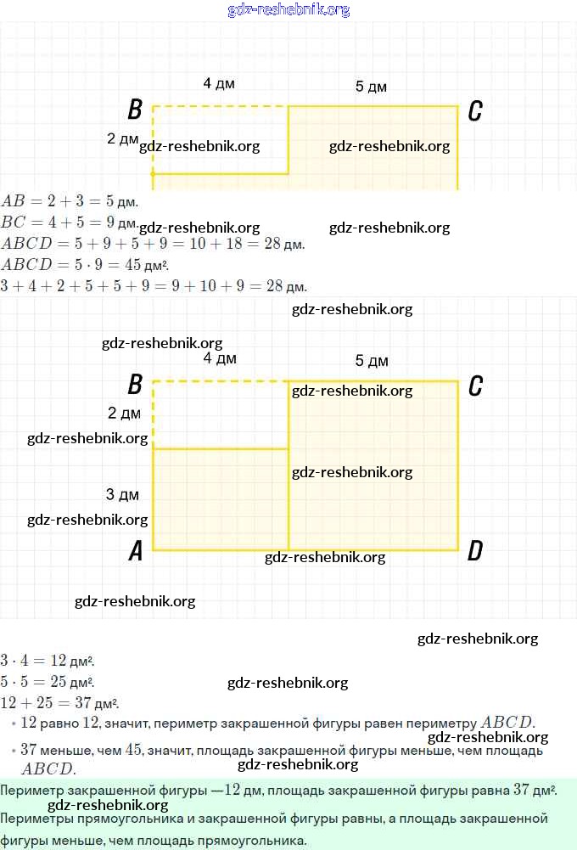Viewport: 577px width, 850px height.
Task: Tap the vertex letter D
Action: [x=475, y=552]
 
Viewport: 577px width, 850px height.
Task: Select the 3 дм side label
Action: [x=122, y=494]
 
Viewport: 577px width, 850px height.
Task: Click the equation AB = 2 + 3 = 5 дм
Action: [x=70, y=202]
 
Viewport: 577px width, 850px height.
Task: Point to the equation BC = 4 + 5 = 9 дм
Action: [x=70, y=223]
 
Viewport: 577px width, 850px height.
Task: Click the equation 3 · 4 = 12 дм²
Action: [x=48, y=661]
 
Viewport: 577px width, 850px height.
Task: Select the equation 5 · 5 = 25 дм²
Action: [x=48, y=682]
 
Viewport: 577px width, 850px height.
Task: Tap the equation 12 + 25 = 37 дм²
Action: [x=59, y=703]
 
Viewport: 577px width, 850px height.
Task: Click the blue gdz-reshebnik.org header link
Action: [x=288, y=10]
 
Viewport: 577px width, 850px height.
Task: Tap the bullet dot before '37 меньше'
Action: [x=14, y=751]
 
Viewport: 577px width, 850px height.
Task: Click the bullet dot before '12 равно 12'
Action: [x=14, y=723]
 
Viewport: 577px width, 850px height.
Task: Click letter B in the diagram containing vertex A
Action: [x=135, y=386]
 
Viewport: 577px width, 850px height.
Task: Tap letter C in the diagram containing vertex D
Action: [x=475, y=386]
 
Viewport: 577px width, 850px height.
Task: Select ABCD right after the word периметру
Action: [x=507, y=723]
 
